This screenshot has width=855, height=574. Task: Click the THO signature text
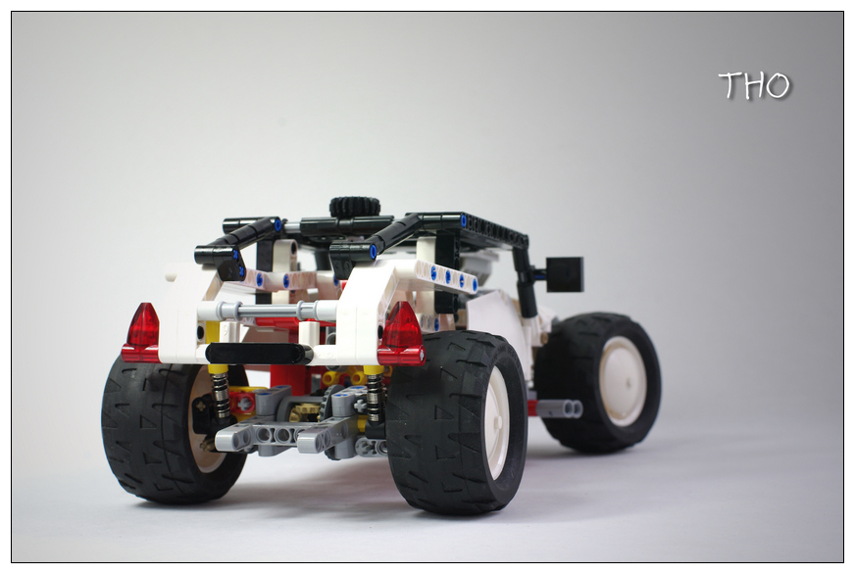click(755, 85)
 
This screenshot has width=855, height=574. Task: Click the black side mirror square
click(565, 273)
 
